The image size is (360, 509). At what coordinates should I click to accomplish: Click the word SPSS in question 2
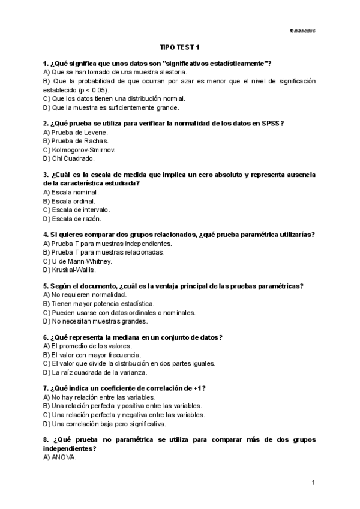pyautogui.click(x=271, y=123)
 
